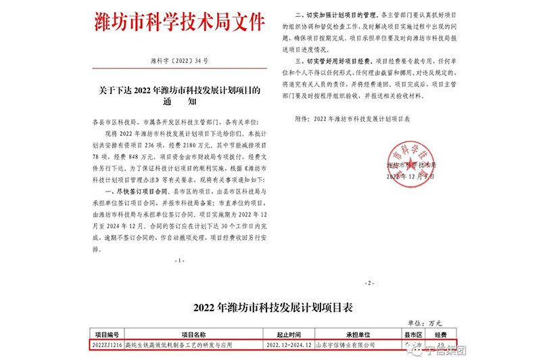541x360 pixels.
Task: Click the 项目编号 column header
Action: pyautogui.click(x=106, y=335)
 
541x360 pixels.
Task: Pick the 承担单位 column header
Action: pyautogui.click(x=354, y=335)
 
